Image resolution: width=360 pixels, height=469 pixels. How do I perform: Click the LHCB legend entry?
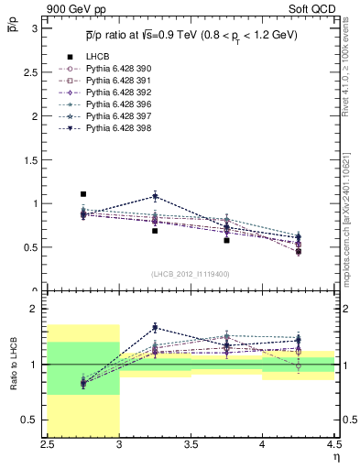coord(95,57)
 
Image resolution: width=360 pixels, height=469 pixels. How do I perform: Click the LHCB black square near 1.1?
coord(83,194)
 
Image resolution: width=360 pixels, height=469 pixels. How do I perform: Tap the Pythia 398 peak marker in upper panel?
coord(155,196)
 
